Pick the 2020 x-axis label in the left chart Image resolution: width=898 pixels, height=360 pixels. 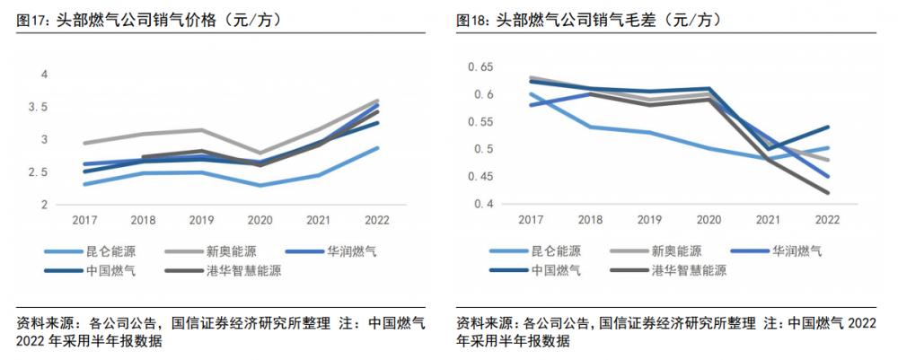point(260,219)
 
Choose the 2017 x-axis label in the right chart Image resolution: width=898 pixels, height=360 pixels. point(530,219)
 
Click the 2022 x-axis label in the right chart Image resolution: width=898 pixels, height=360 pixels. point(826,219)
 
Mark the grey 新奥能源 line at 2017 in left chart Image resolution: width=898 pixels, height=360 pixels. point(84,143)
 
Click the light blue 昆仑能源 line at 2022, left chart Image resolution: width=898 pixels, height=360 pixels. point(378,148)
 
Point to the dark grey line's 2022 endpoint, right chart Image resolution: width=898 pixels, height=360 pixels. point(827,193)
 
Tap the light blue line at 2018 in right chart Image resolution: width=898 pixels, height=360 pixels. point(590,127)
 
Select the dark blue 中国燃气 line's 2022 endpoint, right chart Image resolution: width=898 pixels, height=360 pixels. point(827,127)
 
